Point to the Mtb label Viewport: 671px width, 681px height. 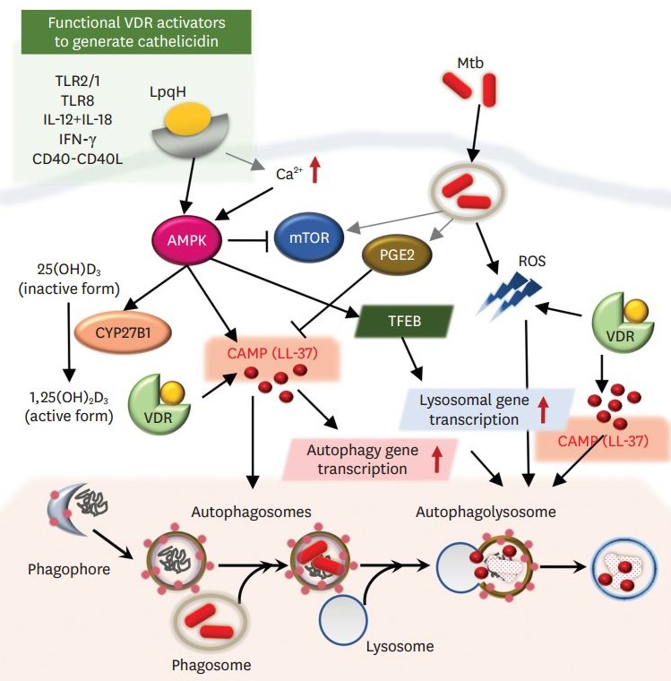(x=469, y=63)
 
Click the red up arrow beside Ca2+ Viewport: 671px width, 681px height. (x=314, y=171)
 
